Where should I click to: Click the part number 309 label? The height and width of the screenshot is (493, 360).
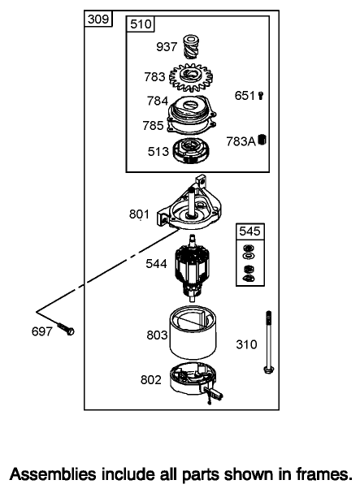click(x=98, y=19)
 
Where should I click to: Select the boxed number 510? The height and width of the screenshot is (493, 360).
click(x=141, y=24)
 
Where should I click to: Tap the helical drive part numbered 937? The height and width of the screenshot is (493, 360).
click(x=191, y=46)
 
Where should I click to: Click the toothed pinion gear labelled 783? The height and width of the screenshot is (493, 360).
click(x=191, y=77)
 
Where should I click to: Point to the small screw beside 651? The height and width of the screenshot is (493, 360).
click(x=261, y=95)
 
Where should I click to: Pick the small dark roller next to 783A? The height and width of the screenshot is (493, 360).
click(x=262, y=140)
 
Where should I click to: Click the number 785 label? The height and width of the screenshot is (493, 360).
click(x=153, y=125)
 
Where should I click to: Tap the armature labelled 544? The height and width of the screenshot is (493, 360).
click(x=192, y=267)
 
